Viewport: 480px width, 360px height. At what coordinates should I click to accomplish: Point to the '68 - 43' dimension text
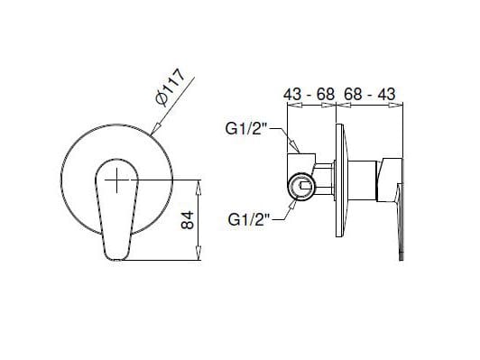pyautogui.click(x=372, y=93)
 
